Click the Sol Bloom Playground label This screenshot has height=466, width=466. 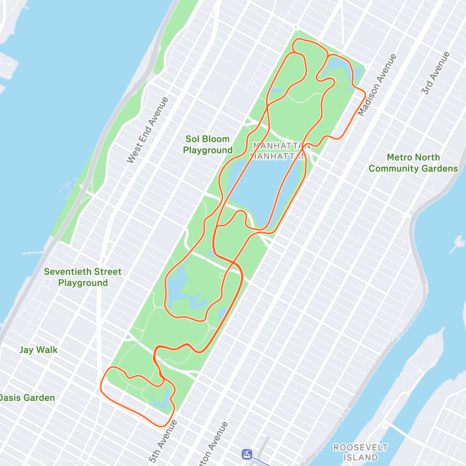coord(208,144)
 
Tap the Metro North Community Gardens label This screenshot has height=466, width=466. coord(413,163)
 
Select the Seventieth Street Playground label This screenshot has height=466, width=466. coord(83,277)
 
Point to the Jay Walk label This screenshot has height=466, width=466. coord(38,350)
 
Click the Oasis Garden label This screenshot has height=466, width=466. coord(27,398)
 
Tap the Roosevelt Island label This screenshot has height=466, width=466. coord(360,452)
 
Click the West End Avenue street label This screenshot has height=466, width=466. coord(148,130)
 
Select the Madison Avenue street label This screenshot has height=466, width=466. coord(377,85)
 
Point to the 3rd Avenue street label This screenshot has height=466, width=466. coord(436,73)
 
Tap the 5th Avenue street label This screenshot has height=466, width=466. coord(163,441)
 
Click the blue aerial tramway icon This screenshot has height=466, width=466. coord(247,454)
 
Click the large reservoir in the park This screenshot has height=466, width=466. coord(264,186)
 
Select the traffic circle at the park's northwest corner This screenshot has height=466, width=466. coord(296,27)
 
